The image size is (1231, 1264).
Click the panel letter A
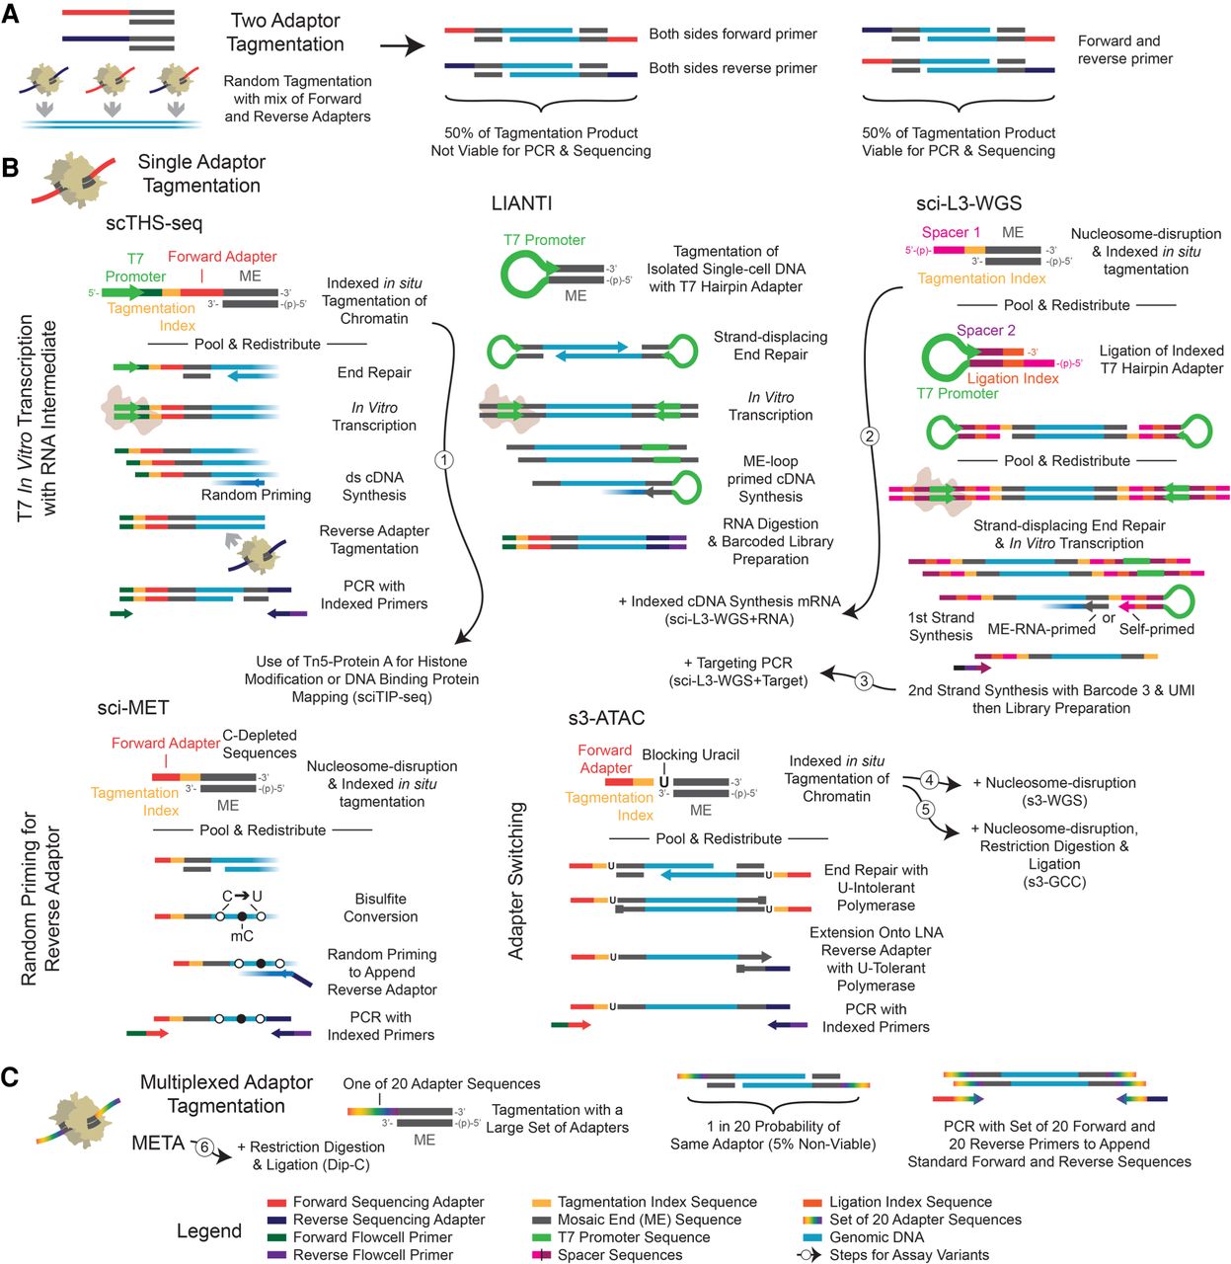(10, 16)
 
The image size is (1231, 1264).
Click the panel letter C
(10, 1075)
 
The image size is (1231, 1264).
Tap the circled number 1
(444, 459)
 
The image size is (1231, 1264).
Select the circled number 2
(869, 435)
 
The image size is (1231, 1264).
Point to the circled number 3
(864, 680)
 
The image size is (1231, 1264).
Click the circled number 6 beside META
(204, 1147)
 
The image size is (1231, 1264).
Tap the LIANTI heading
(521, 203)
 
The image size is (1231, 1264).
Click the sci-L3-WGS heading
(967, 203)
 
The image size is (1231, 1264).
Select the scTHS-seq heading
(154, 223)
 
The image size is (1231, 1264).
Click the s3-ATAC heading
(606, 718)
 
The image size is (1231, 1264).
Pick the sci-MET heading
(132, 707)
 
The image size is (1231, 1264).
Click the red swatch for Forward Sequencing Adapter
(276, 1203)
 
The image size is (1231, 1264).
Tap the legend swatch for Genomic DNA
(812, 1237)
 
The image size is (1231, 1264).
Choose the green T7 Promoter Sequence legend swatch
(541, 1237)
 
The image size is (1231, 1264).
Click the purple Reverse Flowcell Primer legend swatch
(276, 1255)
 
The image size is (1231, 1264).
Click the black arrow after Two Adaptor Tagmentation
(402, 46)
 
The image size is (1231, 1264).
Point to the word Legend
(209, 1230)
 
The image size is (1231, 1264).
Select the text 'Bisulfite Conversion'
(380, 908)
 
